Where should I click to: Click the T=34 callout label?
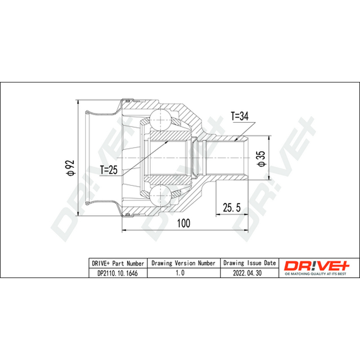point(239,117)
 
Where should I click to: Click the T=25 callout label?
point(109,170)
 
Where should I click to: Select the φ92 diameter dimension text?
point(70,168)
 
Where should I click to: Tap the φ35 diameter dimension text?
point(261,159)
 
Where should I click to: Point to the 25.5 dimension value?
point(232,208)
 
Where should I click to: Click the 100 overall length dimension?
point(184,223)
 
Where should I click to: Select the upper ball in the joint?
point(160,120)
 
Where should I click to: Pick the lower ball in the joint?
point(160,195)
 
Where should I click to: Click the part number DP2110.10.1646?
point(117,273)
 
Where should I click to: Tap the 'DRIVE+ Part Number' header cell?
point(118,263)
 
